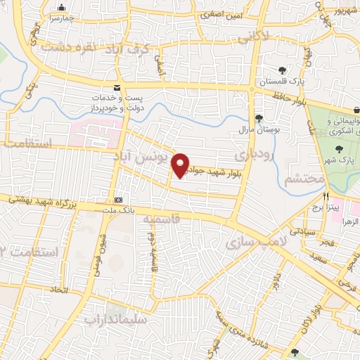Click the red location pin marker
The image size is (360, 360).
[x=181, y=165]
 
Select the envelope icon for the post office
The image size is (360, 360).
[x=117, y=88]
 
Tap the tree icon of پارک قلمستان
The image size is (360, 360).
[x=282, y=70]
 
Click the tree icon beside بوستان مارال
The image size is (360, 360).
[x=258, y=117]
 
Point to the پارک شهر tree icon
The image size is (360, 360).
[x=340, y=150]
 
